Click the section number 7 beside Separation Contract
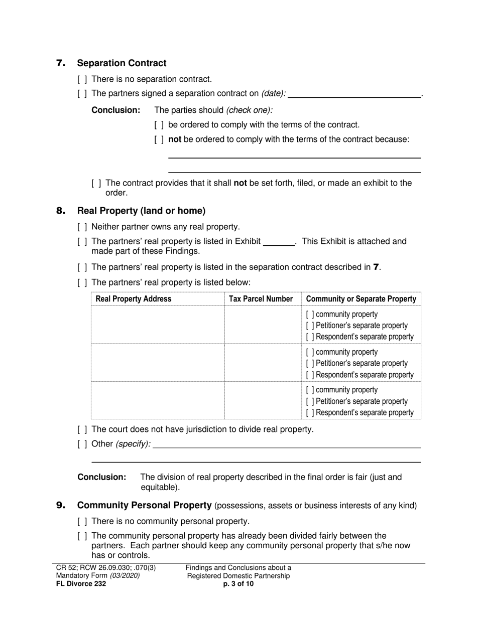(61, 63)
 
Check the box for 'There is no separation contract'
(82, 79)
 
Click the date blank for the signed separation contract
(354, 93)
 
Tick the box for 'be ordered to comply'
(159, 125)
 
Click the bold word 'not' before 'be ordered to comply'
(175, 139)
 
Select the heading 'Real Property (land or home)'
(141, 211)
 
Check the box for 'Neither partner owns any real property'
(82, 227)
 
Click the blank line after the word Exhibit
(279, 242)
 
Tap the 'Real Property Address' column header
(133, 299)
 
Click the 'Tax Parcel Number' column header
(261, 299)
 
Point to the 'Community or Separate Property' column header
(361, 299)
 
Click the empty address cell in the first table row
(157, 325)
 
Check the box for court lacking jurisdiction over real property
(82, 430)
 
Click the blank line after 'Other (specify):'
(286, 444)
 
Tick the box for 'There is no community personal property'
(82, 522)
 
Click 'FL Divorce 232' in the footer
(81, 583)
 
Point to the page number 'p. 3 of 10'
(238, 583)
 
